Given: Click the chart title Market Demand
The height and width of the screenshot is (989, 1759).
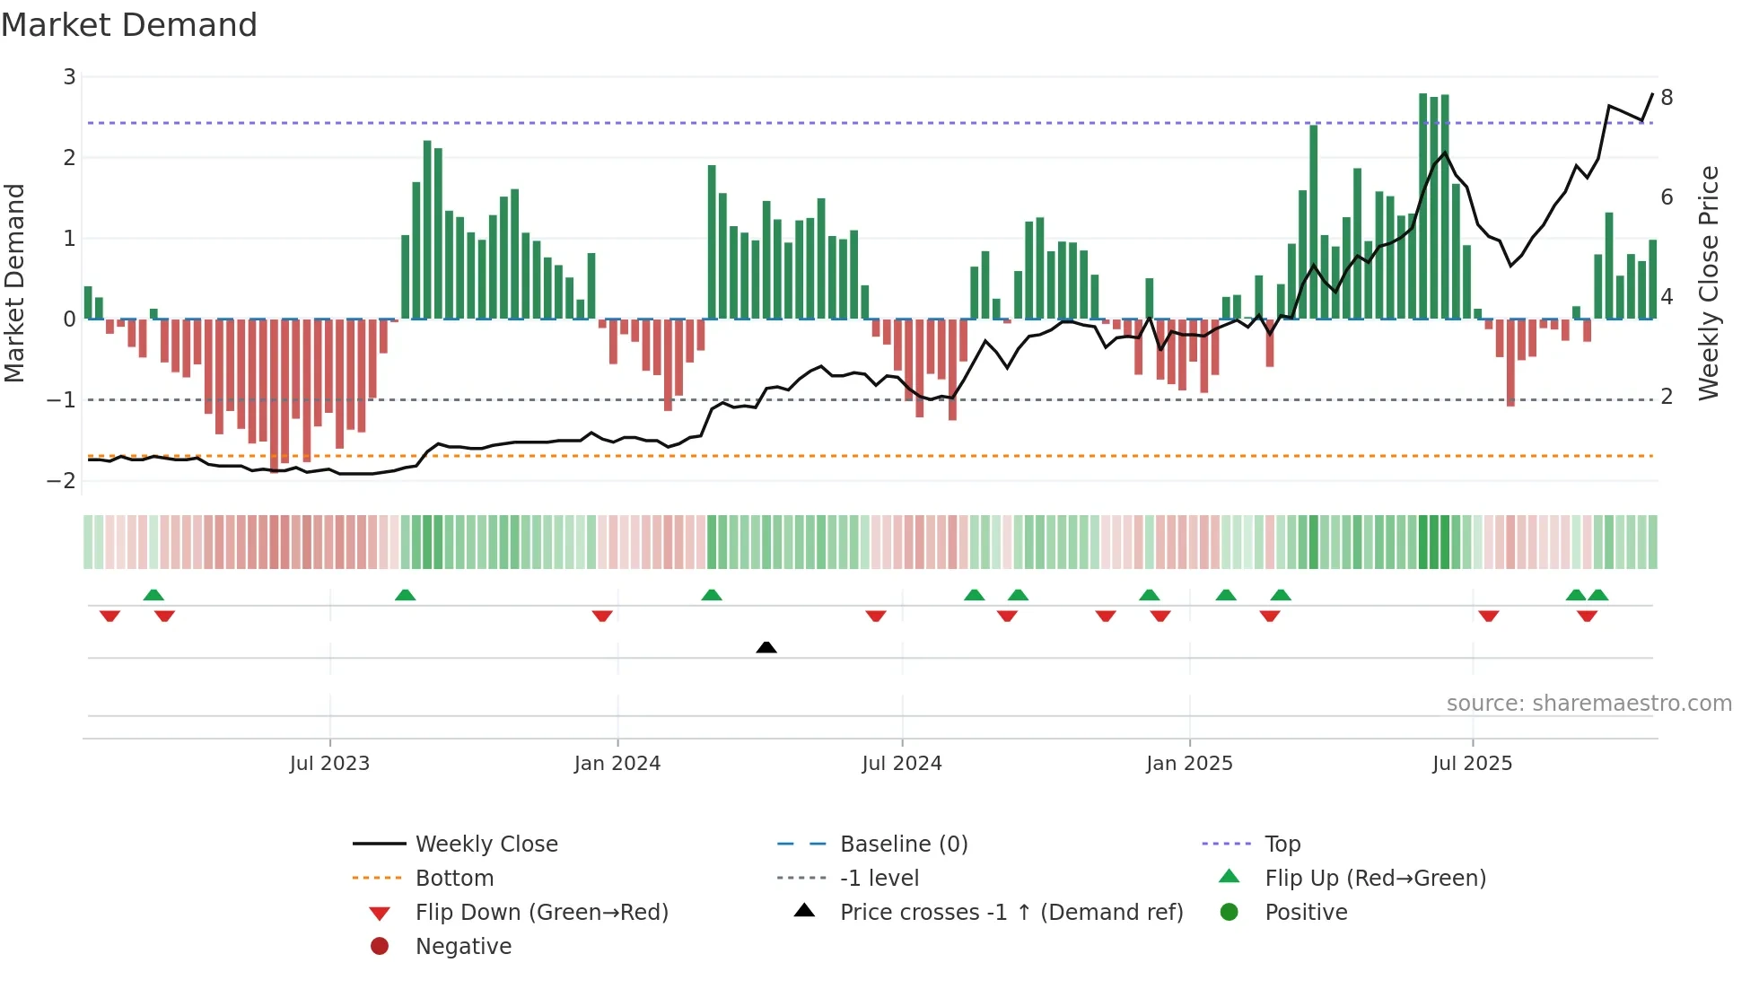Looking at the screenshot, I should click(129, 25).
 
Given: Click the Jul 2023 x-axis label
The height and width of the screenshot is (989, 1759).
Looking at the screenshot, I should click(329, 764).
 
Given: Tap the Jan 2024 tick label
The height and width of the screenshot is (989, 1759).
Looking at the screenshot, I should click(617, 764).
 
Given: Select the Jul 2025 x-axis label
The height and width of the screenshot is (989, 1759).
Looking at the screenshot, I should click(1472, 764).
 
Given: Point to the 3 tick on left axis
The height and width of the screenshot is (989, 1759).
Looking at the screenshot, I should click(69, 77).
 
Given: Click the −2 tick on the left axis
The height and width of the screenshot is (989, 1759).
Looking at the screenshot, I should click(62, 480).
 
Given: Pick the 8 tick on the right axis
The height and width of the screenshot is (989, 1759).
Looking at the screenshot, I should click(1667, 97).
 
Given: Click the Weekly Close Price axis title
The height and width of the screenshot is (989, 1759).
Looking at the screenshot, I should click(1709, 283).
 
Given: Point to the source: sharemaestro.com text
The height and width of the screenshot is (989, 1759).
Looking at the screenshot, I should click(1588, 703).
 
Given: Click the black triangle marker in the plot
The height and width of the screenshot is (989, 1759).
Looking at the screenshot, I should click(766, 647).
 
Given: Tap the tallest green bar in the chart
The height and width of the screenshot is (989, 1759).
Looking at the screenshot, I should click(1423, 206).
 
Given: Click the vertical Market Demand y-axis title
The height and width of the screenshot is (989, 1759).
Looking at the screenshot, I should click(14, 283).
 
